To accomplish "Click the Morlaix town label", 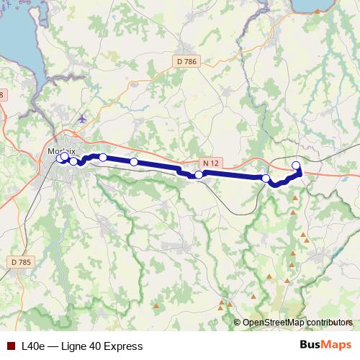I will click(61, 141).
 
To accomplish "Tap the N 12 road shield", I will click(210, 163).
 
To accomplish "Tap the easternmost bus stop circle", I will click(296, 166).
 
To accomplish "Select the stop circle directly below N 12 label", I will click(199, 174).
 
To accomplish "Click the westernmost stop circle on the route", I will click(60, 158).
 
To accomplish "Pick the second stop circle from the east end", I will click(266, 178).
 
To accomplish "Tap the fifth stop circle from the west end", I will click(134, 162).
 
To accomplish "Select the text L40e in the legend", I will click(33, 346).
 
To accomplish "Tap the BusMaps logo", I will click(325, 346).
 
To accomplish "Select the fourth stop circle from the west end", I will click(103, 157).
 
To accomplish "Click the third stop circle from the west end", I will click(73, 161).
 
